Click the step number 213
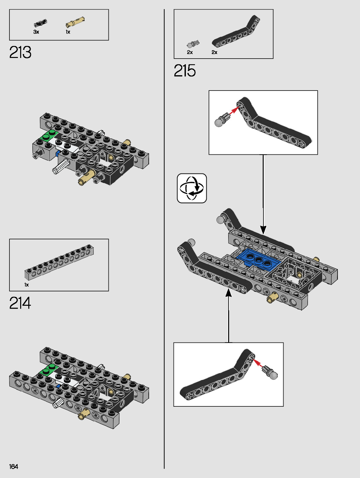point(20,52)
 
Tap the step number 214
point(20,303)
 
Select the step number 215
point(185,71)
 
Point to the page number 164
point(14,466)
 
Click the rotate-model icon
point(192,188)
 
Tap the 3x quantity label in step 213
point(36,32)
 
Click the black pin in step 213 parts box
point(40,23)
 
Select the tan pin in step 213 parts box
point(75,22)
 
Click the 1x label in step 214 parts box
point(27,285)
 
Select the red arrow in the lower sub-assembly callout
point(259,363)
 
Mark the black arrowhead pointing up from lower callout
point(229,293)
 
